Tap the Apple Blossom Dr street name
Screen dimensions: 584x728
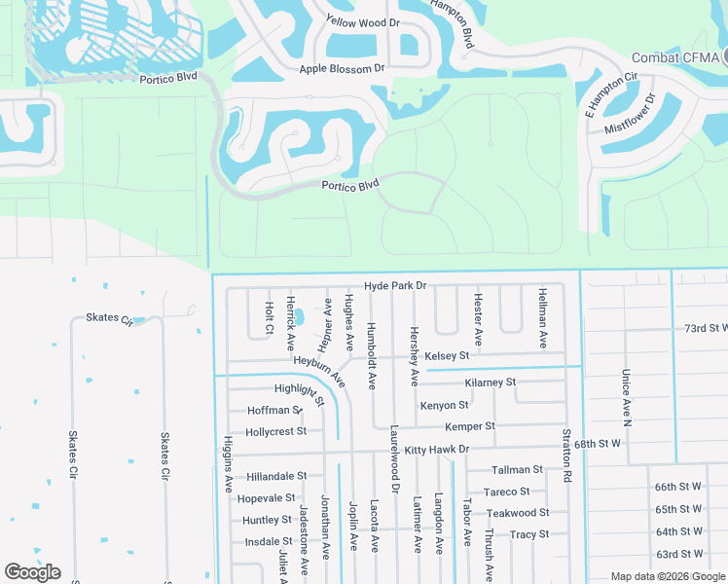[343, 69]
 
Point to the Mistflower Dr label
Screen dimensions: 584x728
[631, 115]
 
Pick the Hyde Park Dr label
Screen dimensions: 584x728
[396, 286]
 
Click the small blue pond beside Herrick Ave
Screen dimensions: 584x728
[299, 317]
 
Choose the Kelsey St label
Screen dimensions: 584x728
[447, 355]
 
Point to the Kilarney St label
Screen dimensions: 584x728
[491, 383]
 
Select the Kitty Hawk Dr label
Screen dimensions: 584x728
[437, 450]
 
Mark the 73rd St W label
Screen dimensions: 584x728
[706, 329]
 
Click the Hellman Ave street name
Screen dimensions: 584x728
[542, 318]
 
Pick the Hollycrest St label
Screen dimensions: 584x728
[276, 431]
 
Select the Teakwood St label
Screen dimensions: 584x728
[518, 513]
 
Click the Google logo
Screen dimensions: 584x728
[32, 572]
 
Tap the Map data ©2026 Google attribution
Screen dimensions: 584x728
[667, 576]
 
